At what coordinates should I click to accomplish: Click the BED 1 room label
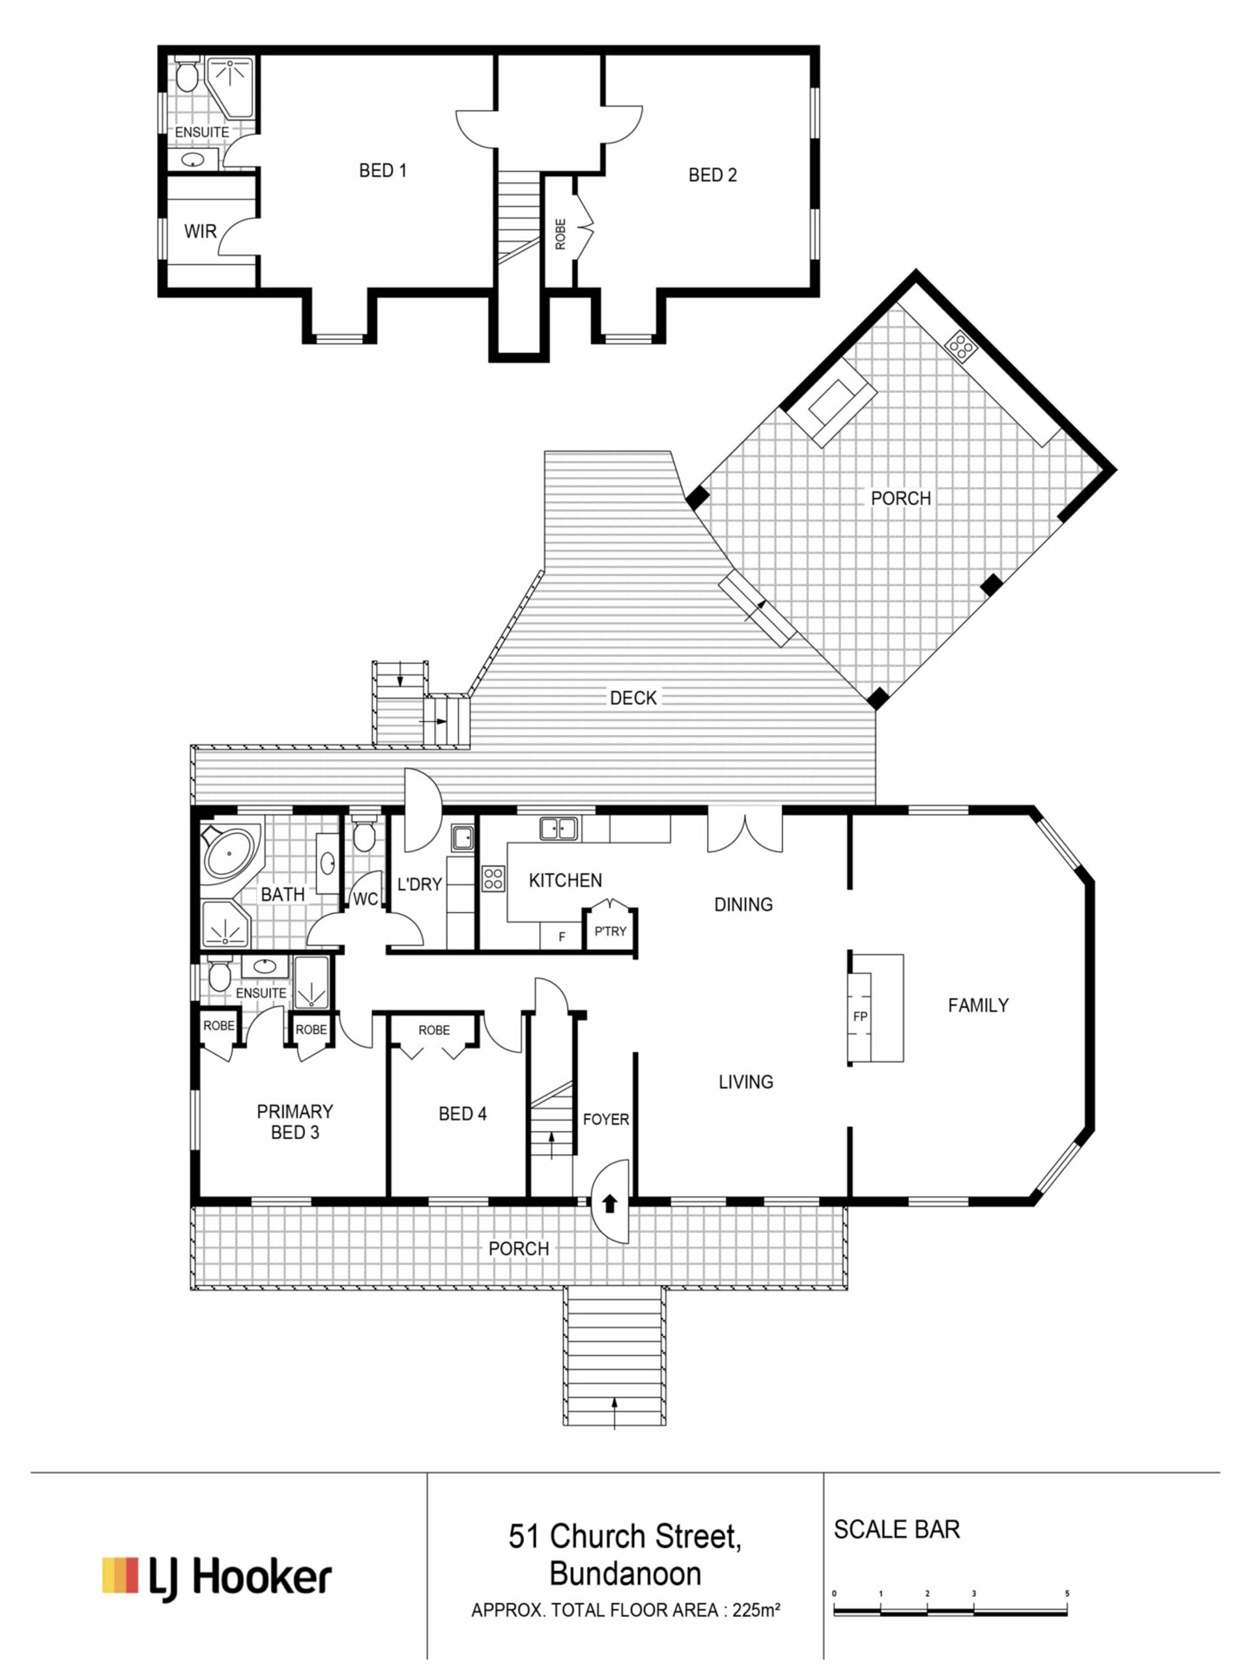[x=382, y=171]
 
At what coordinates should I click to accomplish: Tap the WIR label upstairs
[x=200, y=231]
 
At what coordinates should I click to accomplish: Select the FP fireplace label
[x=861, y=1016]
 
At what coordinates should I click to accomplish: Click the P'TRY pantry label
[x=610, y=931]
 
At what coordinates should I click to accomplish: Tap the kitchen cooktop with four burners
[x=493, y=878]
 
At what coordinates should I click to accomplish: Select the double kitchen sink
[x=559, y=829]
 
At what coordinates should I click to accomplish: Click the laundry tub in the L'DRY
[x=462, y=838]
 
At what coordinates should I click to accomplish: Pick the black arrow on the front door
[x=610, y=1203]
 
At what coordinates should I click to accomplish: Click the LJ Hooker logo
[x=217, y=1577]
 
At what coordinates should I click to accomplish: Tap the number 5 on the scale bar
[x=1067, y=1593]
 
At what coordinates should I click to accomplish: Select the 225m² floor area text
[x=756, y=1611]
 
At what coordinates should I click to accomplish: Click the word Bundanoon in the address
[x=625, y=1574]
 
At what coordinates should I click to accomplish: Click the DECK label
[x=633, y=698]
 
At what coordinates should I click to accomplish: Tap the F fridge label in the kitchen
[x=562, y=938]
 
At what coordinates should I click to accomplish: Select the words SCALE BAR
[x=897, y=1529]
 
